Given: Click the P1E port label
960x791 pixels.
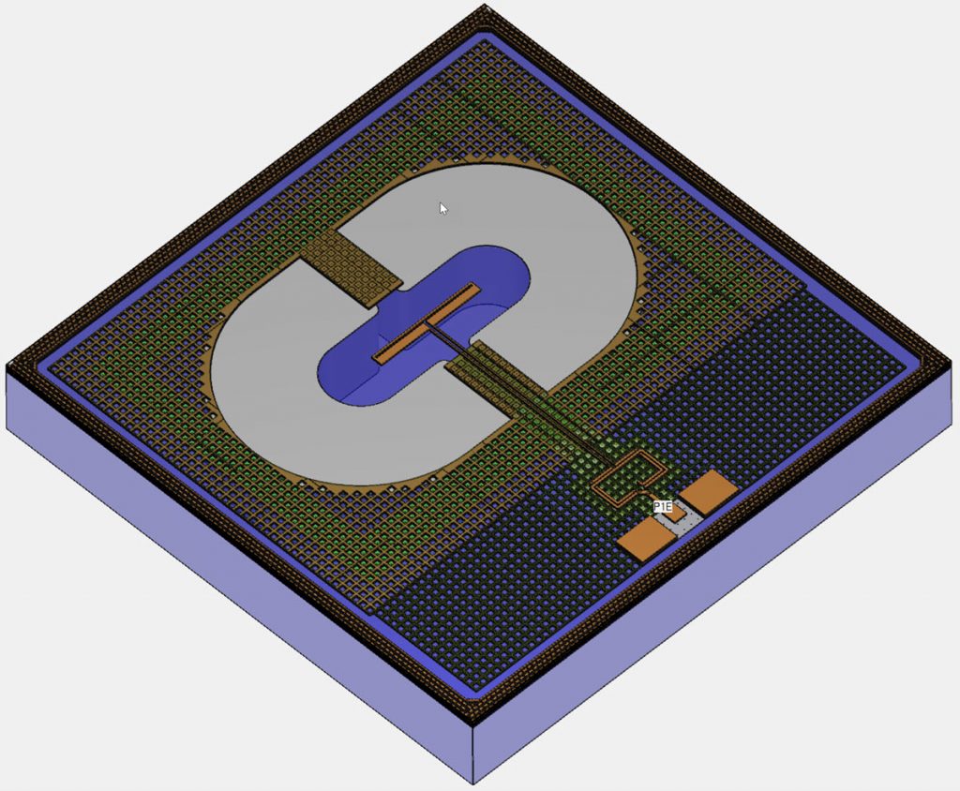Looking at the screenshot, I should (x=663, y=507).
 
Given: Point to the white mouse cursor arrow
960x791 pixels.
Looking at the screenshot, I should (x=443, y=208).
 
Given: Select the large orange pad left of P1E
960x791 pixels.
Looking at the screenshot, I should (x=644, y=541).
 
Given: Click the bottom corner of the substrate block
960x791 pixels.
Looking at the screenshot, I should (x=473, y=783).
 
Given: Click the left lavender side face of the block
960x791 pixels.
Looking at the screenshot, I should (x=234, y=581).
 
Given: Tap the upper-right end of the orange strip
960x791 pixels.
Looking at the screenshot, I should (x=472, y=288).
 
